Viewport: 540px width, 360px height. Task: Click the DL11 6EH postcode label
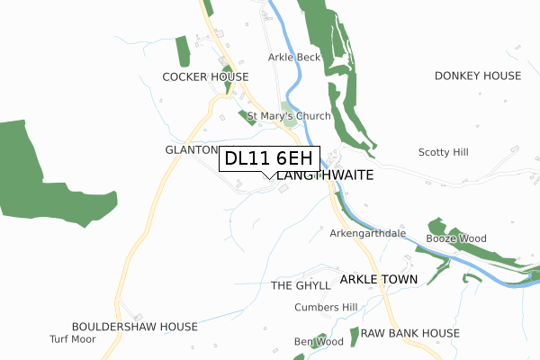pos(270,158)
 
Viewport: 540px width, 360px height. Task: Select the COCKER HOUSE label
pos(205,77)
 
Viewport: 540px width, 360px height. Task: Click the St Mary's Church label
pos(289,116)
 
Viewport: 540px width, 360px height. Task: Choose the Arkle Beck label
pos(293,57)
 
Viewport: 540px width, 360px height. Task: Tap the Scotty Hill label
pos(443,153)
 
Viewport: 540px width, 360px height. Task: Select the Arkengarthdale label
pos(369,234)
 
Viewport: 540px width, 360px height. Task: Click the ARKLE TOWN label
pos(379,280)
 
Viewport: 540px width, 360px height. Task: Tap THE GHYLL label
pos(301,285)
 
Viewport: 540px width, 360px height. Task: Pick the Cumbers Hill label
pos(326,308)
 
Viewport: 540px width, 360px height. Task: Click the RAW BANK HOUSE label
pos(409,333)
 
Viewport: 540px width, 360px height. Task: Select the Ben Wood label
pos(319,342)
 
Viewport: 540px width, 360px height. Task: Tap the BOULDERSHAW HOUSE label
pos(135,327)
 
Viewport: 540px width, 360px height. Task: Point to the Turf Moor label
pos(72,339)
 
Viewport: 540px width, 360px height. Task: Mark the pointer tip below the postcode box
pos(270,178)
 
